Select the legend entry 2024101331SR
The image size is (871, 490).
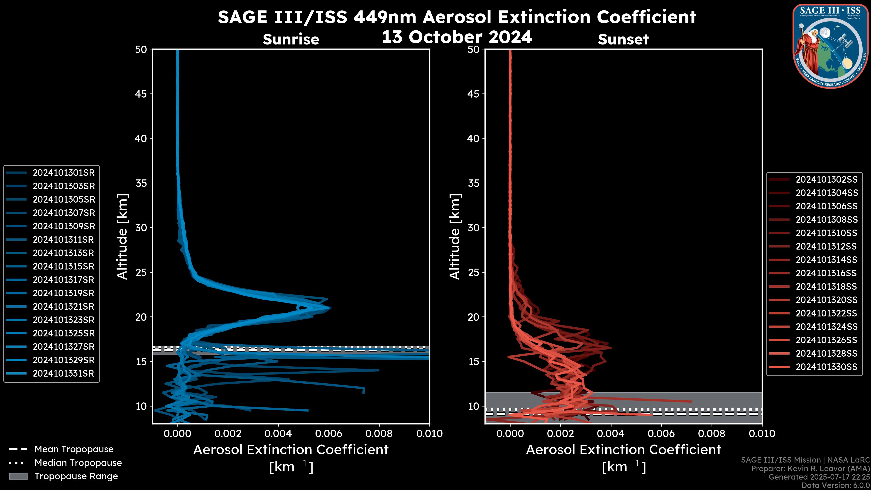coord(63,374)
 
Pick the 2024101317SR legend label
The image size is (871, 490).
coord(64,280)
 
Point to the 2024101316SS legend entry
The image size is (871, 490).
coord(826,273)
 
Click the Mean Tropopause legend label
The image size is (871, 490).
coord(74,449)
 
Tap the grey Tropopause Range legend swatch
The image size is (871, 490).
coord(18,476)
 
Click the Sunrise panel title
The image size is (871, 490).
coord(291,39)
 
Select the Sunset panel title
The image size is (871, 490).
coord(623,39)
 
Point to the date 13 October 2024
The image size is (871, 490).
coord(457,37)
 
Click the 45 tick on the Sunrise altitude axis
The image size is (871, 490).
coord(141,94)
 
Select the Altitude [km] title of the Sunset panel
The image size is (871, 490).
coord(455,236)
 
